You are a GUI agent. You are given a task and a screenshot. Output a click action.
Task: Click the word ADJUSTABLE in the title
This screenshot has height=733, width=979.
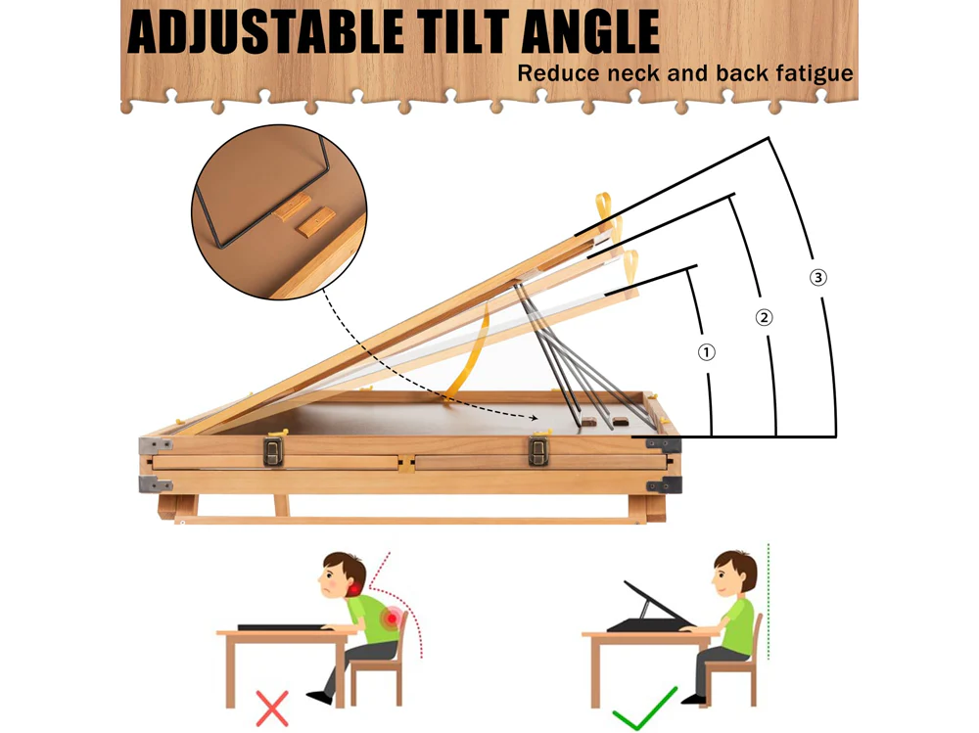click(x=265, y=31)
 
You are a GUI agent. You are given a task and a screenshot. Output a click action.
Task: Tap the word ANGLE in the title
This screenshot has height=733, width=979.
click(x=590, y=31)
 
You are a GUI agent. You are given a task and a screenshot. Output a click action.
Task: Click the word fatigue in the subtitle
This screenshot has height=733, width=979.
click(x=815, y=74)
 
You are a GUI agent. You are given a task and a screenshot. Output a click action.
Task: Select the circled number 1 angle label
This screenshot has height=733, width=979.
click(x=706, y=352)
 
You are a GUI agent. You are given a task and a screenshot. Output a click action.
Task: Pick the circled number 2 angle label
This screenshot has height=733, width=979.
click(x=765, y=318)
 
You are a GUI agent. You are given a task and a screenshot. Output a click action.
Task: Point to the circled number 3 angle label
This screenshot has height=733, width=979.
click(x=817, y=277)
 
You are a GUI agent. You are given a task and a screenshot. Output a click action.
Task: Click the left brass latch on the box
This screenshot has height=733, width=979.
click(x=273, y=451)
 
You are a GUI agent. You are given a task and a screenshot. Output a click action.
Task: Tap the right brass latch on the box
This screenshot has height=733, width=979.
click(x=538, y=451)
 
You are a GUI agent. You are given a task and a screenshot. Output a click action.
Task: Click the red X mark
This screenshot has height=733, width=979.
click(x=272, y=708)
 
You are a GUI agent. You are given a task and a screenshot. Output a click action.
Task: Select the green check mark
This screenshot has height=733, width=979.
click(x=644, y=708)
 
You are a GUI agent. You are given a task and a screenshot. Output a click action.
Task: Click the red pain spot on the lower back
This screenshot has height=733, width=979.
click(x=393, y=618)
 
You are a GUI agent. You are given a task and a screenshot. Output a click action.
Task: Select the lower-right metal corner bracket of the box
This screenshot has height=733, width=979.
click(x=665, y=485)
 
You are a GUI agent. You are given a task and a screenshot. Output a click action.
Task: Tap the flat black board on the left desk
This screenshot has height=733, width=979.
click(x=284, y=627)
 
